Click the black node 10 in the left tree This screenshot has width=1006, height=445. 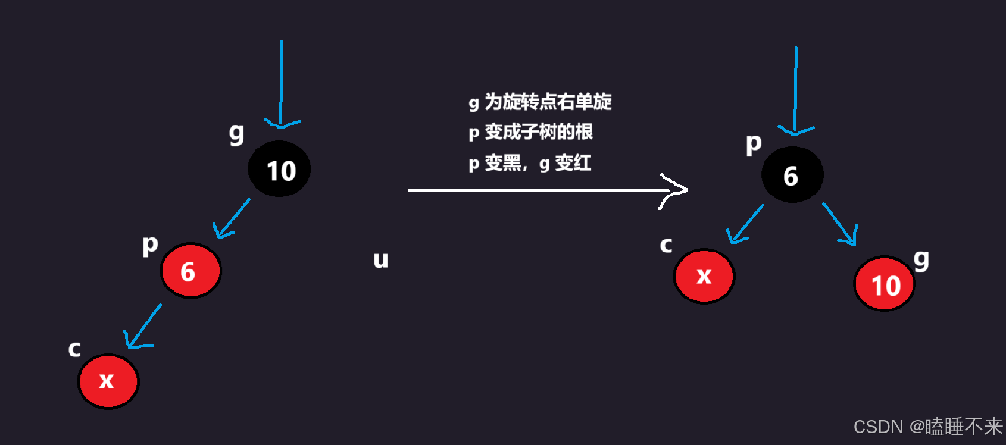pyautogui.click(x=279, y=170)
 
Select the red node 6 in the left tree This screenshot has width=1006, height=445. pyautogui.click(x=190, y=271)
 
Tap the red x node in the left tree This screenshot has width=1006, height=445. pyautogui.click(x=108, y=381)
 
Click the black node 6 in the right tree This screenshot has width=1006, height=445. pyautogui.click(x=792, y=175)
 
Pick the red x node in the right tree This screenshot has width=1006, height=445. pyautogui.click(x=704, y=276)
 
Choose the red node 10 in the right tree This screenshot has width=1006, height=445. pyautogui.click(x=885, y=284)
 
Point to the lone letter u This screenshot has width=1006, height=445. pyautogui.click(x=380, y=260)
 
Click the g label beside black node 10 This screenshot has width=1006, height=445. pyautogui.click(x=236, y=133)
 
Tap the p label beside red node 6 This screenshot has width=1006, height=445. pyautogui.click(x=150, y=244)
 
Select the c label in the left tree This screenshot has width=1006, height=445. pyautogui.click(x=74, y=349)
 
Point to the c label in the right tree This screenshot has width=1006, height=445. pyautogui.click(x=666, y=245)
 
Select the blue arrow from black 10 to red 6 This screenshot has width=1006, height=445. pyautogui.click(x=232, y=218)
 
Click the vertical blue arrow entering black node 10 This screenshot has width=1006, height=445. pyautogui.click(x=281, y=83)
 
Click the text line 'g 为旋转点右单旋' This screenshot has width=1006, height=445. pyautogui.click(x=540, y=102)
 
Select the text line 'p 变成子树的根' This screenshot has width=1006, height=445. pyautogui.click(x=530, y=131)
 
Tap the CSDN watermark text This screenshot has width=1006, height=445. pyautogui.click(x=927, y=427)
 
